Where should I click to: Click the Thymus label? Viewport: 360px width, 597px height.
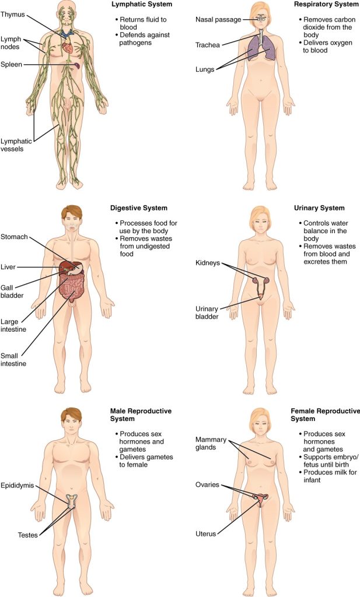tap(13, 14)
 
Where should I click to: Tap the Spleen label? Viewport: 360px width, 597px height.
tap(12, 64)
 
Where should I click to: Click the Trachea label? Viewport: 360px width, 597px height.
tap(208, 44)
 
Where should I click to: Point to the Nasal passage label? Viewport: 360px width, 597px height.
tap(218, 20)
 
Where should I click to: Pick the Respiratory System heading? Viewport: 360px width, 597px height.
tap(327, 4)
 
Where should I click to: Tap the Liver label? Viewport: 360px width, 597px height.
tap(8, 267)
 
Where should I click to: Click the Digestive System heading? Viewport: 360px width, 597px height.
tap(139, 208)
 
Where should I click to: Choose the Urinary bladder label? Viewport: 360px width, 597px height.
tap(207, 312)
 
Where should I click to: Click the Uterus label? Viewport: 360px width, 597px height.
tap(206, 533)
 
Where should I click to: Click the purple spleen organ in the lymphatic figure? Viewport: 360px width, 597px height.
tap(78, 66)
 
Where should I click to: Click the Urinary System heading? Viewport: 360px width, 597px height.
tap(320, 208)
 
